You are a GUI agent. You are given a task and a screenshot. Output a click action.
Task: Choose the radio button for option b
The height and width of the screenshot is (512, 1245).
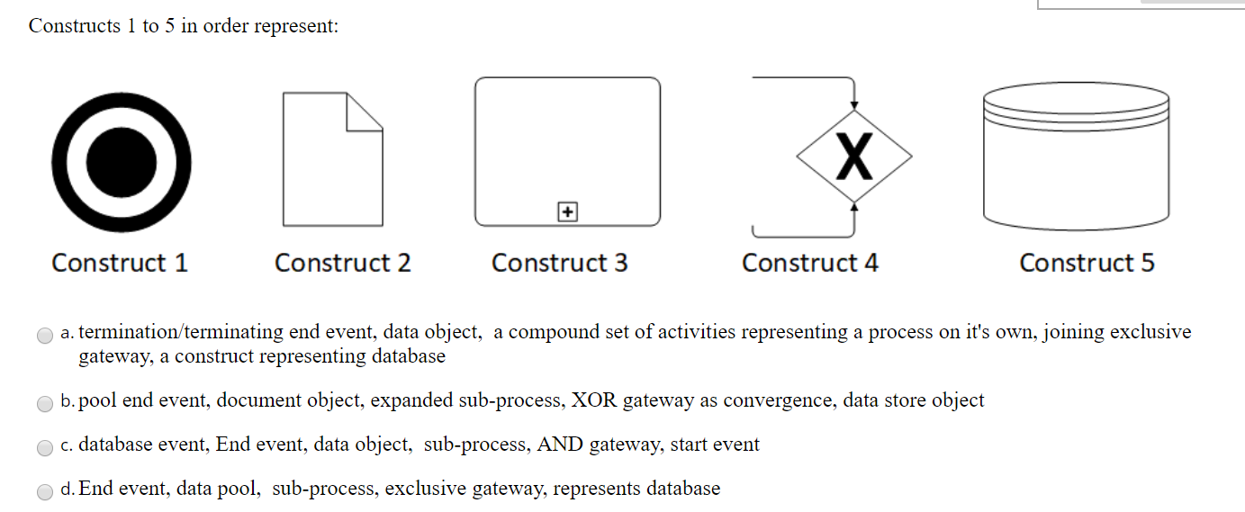pyautogui.click(x=45, y=403)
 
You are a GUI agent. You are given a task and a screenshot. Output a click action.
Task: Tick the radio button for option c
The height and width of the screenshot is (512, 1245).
pyautogui.click(x=45, y=447)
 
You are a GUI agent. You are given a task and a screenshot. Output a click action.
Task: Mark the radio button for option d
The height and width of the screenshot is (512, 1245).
pyautogui.click(x=45, y=491)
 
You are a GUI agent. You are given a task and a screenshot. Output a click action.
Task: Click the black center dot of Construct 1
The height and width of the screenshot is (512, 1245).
pyautogui.click(x=122, y=163)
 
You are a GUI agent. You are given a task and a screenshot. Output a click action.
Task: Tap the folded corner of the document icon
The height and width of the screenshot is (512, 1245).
pyautogui.click(x=364, y=112)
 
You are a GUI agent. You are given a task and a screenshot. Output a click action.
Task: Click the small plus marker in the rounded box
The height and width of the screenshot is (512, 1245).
pyautogui.click(x=567, y=212)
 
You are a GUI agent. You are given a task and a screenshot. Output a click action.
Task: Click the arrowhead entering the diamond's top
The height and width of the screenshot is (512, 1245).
pyautogui.click(x=854, y=106)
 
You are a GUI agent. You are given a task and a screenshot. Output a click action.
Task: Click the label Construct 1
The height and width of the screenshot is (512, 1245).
pyautogui.click(x=120, y=263)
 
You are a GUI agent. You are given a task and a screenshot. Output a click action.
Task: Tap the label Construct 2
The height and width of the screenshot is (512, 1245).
pyautogui.click(x=342, y=263)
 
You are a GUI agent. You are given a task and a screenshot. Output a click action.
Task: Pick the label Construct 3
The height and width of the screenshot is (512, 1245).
pyautogui.click(x=559, y=263)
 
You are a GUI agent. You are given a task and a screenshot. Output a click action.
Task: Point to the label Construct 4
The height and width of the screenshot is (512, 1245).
pyautogui.click(x=809, y=263)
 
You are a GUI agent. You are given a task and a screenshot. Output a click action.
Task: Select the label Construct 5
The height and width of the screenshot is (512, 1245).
pyautogui.click(x=1086, y=263)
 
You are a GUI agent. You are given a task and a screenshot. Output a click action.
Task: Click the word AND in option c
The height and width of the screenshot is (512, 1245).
pyautogui.click(x=558, y=445)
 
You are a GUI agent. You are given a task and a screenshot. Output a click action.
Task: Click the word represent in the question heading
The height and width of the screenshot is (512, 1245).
pyautogui.click(x=295, y=26)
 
